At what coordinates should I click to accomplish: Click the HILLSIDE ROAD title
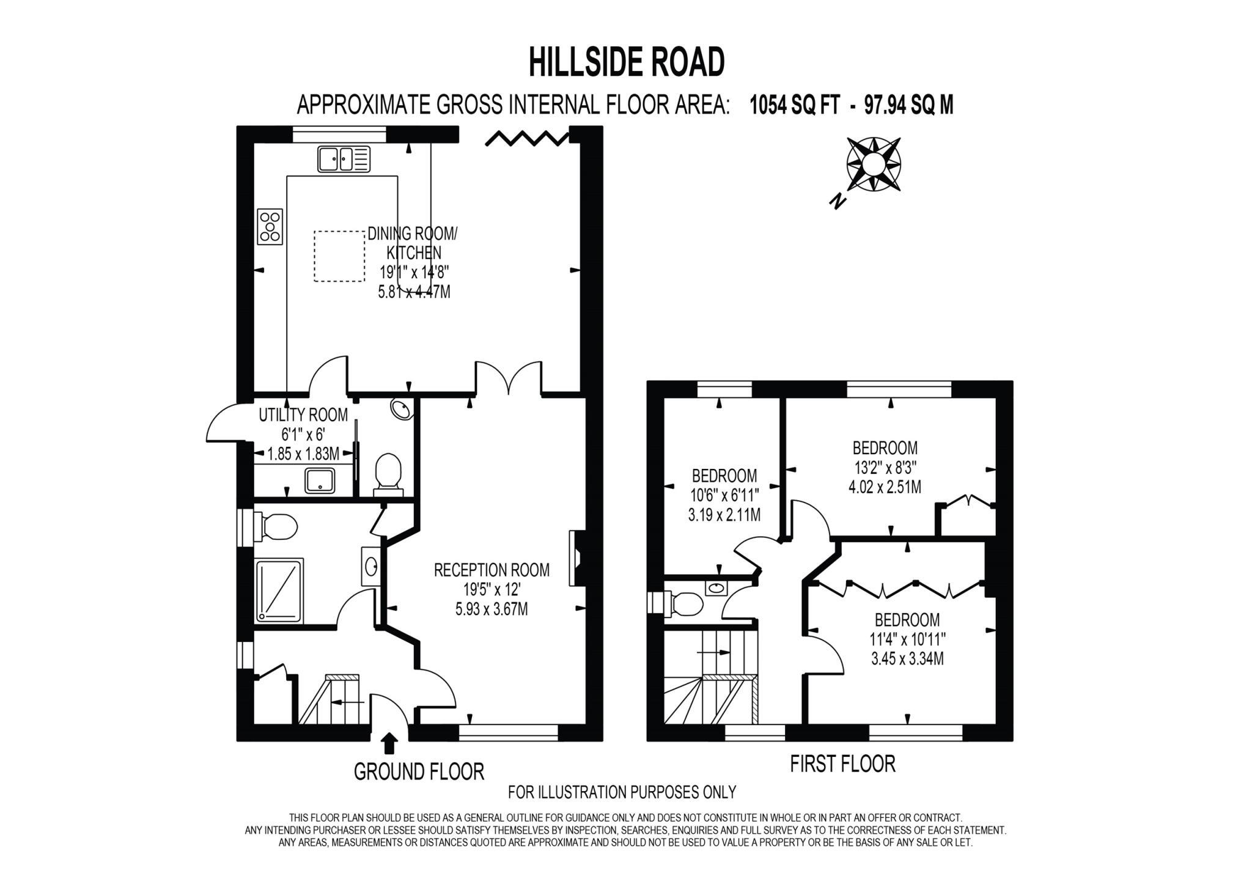point(626,62)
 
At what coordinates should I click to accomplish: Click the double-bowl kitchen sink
point(344,159)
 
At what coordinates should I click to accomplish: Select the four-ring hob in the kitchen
point(270,226)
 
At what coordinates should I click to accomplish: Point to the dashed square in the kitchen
point(339,256)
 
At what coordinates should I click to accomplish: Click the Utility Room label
point(303,415)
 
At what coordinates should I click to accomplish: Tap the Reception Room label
point(492,570)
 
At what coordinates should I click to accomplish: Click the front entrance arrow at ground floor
point(389,743)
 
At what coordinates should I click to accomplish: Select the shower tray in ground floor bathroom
point(279,591)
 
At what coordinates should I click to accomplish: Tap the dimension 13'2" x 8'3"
point(885,468)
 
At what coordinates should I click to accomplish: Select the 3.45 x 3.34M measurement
point(907,659)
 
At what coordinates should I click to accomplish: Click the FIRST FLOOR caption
point(842,764)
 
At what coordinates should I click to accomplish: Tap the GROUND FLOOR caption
point(419,772)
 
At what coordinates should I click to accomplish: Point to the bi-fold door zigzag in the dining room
point(527,138)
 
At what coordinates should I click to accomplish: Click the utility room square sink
point(320,481)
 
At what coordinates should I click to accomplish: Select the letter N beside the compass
point(838,200)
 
